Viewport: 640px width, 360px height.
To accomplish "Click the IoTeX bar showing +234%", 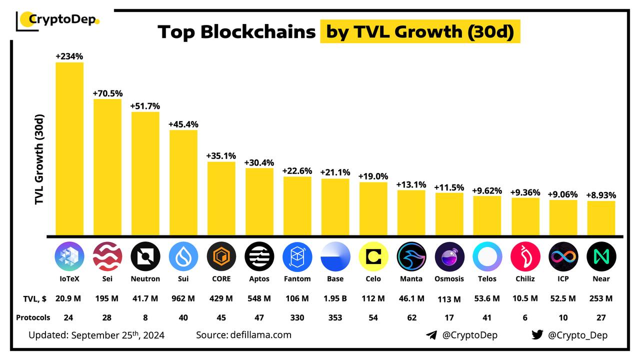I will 69,148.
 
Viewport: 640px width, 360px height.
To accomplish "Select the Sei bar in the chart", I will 107,166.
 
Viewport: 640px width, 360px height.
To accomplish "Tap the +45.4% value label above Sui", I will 183,124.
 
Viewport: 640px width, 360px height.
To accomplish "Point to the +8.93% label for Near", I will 601,195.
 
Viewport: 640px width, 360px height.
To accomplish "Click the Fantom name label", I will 297,278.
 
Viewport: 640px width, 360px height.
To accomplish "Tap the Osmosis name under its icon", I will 449,278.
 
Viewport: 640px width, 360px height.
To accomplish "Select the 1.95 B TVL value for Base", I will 335,298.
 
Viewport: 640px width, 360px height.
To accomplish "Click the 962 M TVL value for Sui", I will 183,298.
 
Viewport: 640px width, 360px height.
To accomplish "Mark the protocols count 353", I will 335,317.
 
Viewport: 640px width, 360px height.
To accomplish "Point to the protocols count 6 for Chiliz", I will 525,317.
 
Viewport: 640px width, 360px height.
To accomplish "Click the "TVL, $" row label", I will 34,298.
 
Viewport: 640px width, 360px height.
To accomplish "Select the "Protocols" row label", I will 33,317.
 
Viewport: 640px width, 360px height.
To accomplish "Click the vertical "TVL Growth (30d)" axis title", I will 40,159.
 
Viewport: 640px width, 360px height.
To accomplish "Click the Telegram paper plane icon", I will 431,335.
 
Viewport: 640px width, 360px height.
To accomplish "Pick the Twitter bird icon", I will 537,335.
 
